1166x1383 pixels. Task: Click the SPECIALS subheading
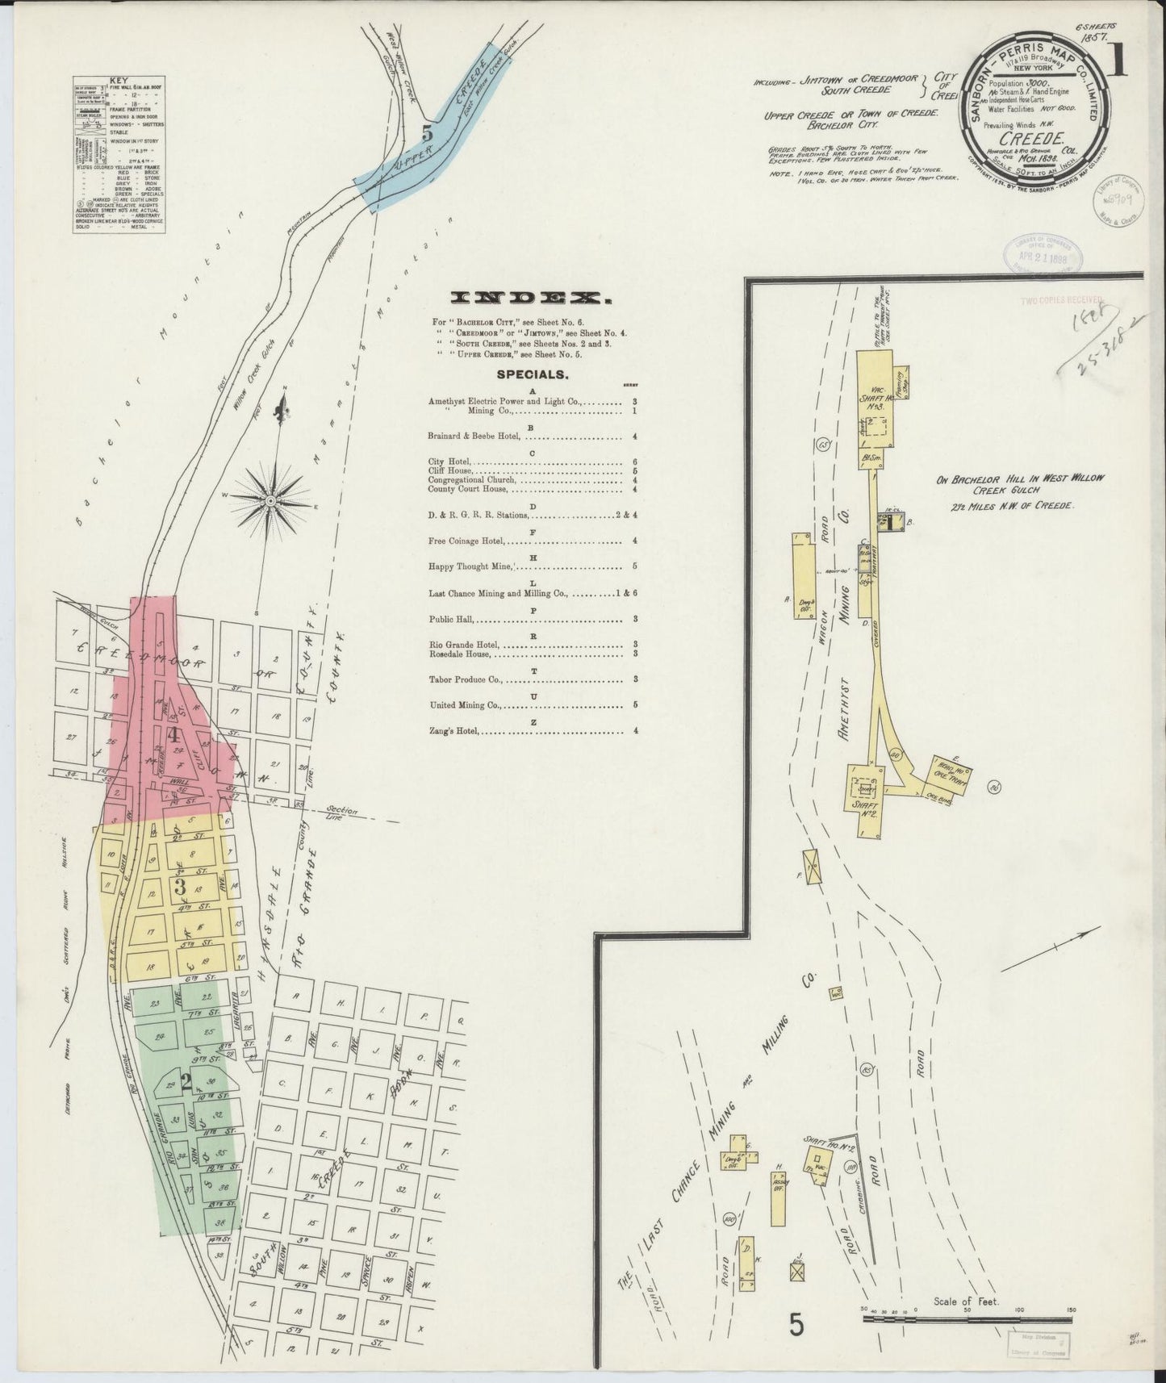(532, 374)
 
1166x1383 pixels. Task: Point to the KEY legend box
(119, 156)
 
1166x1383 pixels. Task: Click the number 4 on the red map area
(173, 734)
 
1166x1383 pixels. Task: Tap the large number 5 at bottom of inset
(796, 1326)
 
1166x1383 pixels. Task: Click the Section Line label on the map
(342, 813)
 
